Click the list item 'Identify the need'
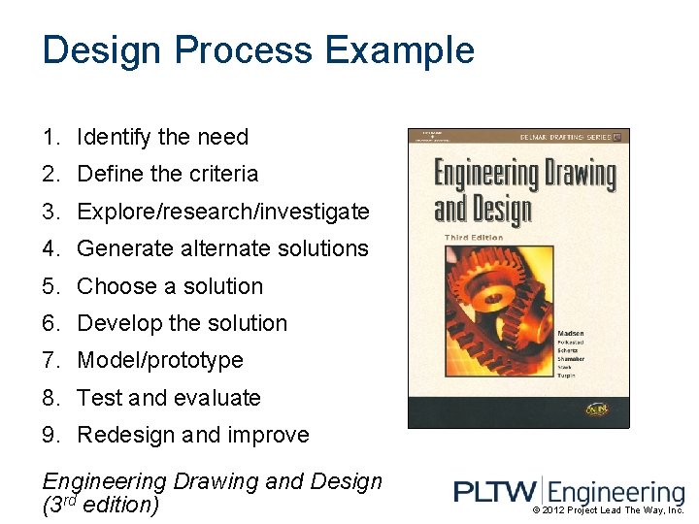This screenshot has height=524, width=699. coord(162,138)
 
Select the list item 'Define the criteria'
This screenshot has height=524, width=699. coord(167,175)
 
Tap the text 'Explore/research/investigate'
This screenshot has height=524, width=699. coord(222,212)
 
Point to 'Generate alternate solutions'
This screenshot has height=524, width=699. coord(222,248)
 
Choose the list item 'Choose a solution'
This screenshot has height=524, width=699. coord(169,286)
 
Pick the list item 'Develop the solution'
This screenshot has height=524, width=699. coord(182,323)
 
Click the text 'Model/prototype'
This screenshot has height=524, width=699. coord(159,360)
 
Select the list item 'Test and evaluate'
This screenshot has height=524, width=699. coord(168,398)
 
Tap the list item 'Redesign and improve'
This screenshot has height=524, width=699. coord(192,435)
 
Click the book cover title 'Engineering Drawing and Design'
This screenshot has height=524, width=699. coord(523,190)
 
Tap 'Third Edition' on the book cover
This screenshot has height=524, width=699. coord(473,236)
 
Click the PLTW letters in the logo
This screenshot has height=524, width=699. coord(490,493)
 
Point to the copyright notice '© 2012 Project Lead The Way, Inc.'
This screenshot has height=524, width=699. coord(609,510)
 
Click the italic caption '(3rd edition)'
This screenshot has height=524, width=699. coord(101,506)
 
